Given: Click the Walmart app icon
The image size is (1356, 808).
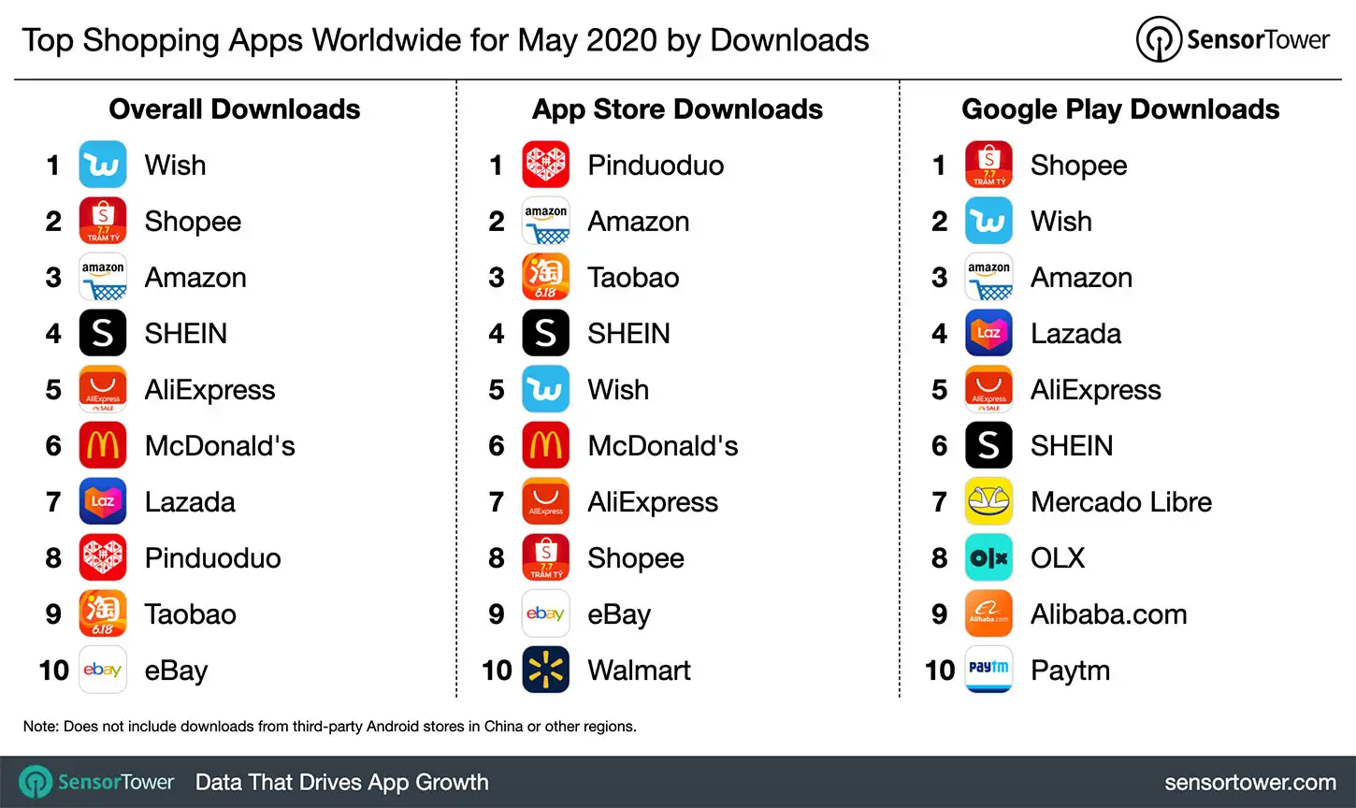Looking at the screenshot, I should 545,670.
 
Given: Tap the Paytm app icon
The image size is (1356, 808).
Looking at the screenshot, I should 988,670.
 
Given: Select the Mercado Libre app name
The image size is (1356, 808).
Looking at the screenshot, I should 1120,502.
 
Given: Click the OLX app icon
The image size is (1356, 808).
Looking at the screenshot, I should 988,558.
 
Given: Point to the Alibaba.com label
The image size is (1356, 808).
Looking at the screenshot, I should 1108,614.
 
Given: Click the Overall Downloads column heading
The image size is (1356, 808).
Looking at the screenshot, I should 235,109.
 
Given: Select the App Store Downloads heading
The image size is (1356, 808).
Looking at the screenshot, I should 677,109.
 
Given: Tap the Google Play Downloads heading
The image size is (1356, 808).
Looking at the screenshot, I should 1120,109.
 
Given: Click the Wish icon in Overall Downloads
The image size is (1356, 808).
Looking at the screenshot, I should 103,166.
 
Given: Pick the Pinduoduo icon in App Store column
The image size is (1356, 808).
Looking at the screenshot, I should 545,166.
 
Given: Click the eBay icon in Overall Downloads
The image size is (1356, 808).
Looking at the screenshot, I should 103,670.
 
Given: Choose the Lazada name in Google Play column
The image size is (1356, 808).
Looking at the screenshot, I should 1075,334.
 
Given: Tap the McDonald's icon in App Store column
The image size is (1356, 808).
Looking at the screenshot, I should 545,446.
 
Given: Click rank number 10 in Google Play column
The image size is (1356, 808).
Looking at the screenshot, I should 940,671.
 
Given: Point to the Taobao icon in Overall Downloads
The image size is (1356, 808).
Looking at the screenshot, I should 103,614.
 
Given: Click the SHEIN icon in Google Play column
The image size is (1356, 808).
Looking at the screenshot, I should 988,446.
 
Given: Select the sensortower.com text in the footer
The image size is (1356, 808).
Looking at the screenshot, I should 1249,783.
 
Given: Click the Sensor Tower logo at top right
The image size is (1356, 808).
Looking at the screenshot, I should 1233,40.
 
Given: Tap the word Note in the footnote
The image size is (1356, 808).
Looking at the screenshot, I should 39,727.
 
